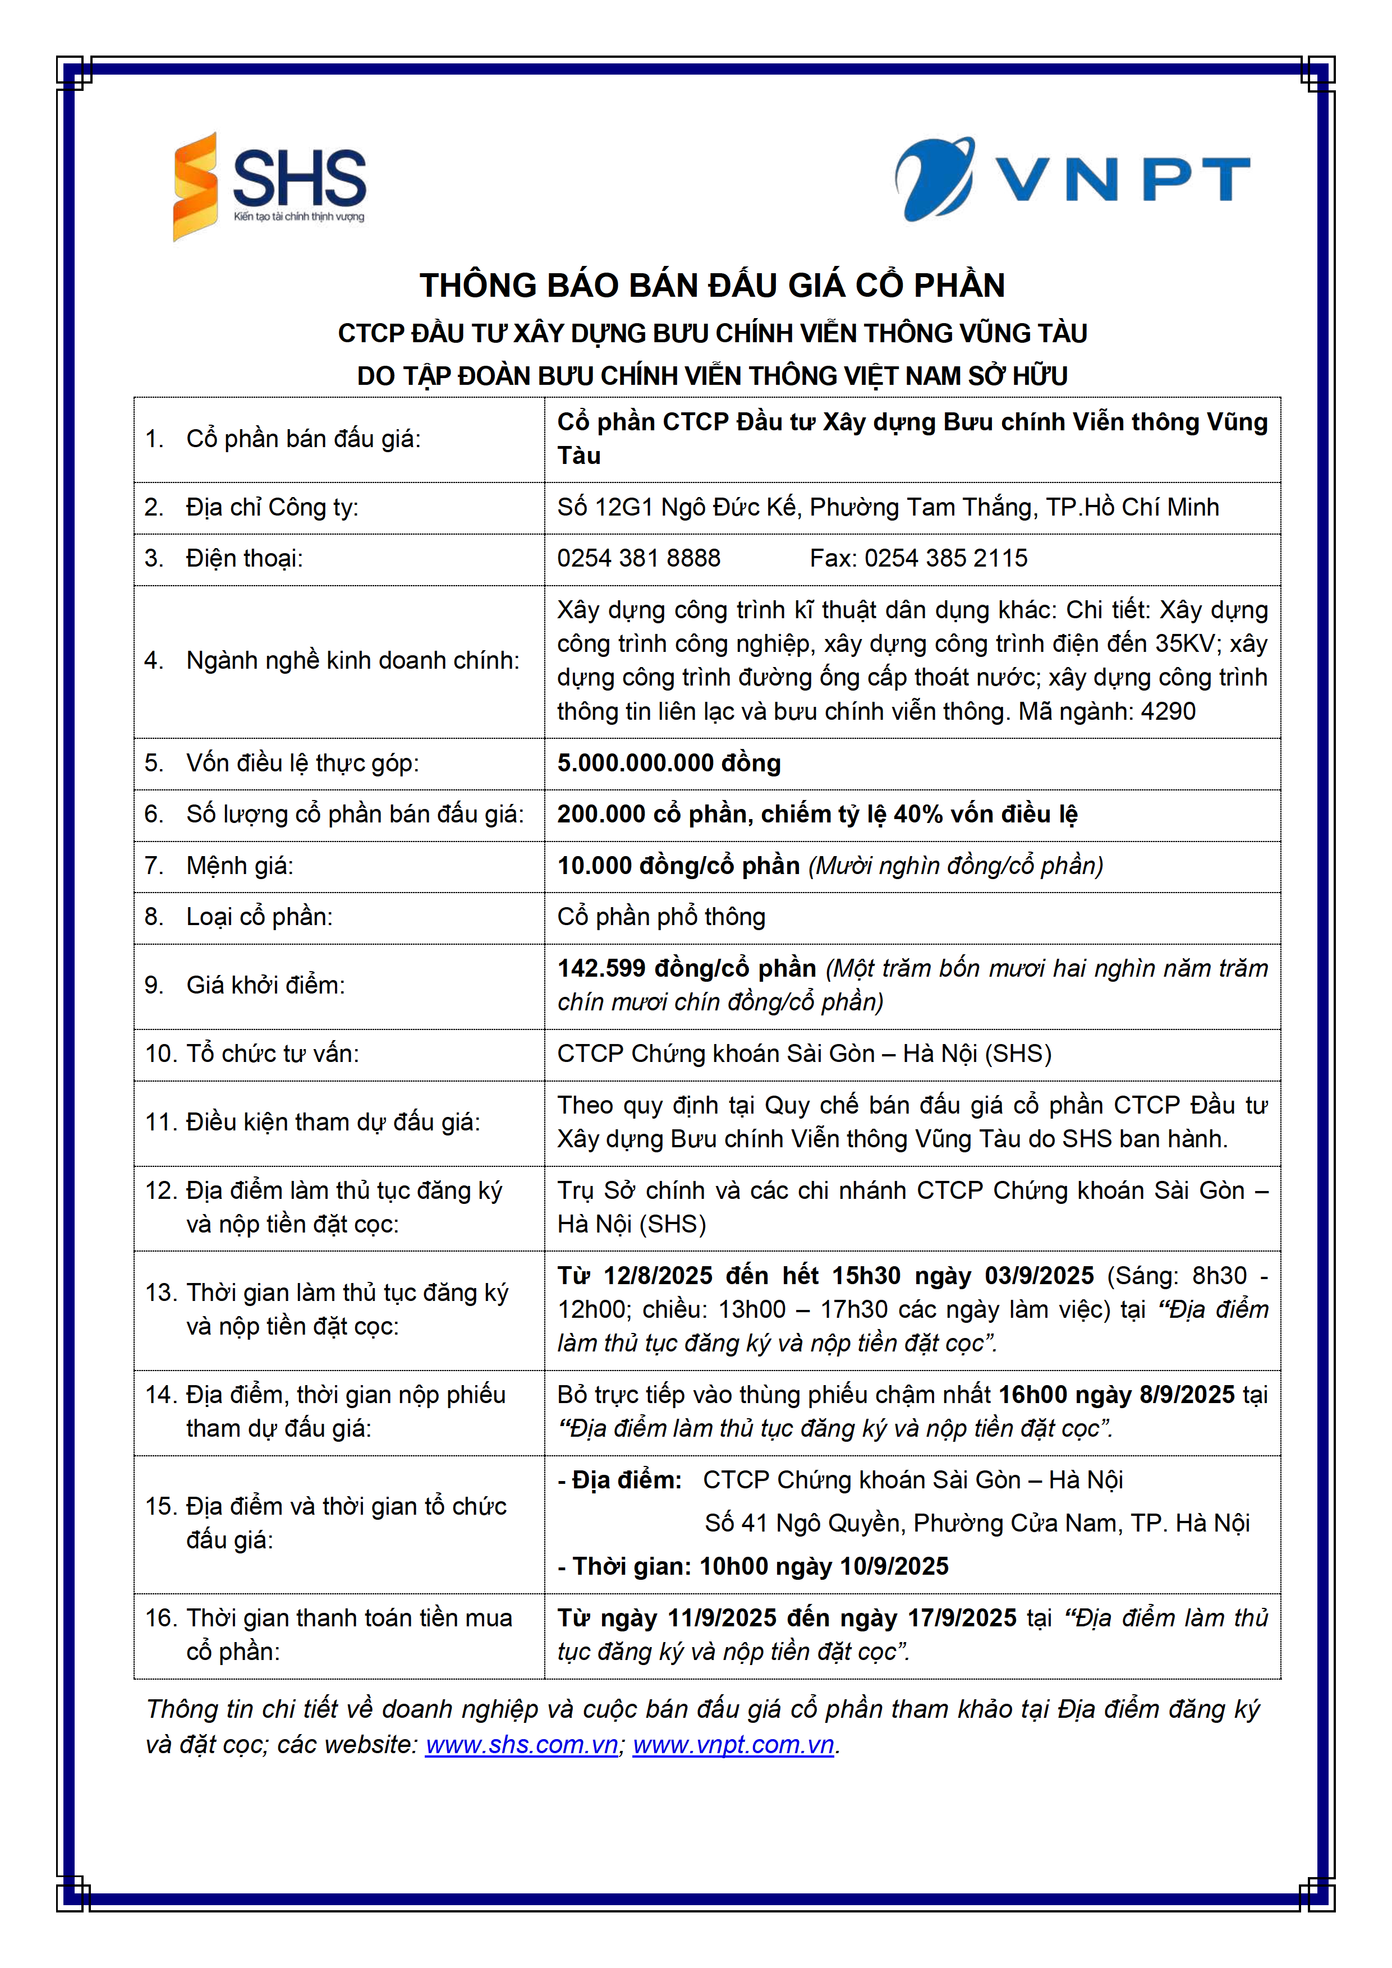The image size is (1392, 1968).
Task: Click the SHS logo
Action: click(x=269, y=185)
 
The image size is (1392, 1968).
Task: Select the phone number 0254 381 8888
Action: click(x=638, y=558)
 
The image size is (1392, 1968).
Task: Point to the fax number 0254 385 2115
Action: click(x=945, y=558)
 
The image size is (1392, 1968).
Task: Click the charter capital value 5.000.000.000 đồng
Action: click(x=669, y=763)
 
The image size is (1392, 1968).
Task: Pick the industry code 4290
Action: click(x=1168, y=711)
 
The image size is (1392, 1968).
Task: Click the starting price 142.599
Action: click(x=601, y=968)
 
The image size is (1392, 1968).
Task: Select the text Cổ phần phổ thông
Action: click(x=661, y=917)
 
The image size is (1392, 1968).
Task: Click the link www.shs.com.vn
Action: click(x=521, y=1745)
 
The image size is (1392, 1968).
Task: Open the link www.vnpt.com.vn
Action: click(x=734, y=1745)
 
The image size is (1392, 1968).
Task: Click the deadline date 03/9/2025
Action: click(x=1039, y=1275)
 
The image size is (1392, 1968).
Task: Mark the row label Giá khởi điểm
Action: click(x=266, y=985)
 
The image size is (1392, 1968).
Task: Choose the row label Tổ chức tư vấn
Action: click(x=273, y=1054)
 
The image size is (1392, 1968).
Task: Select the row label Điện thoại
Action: click(x=244, y=558)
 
